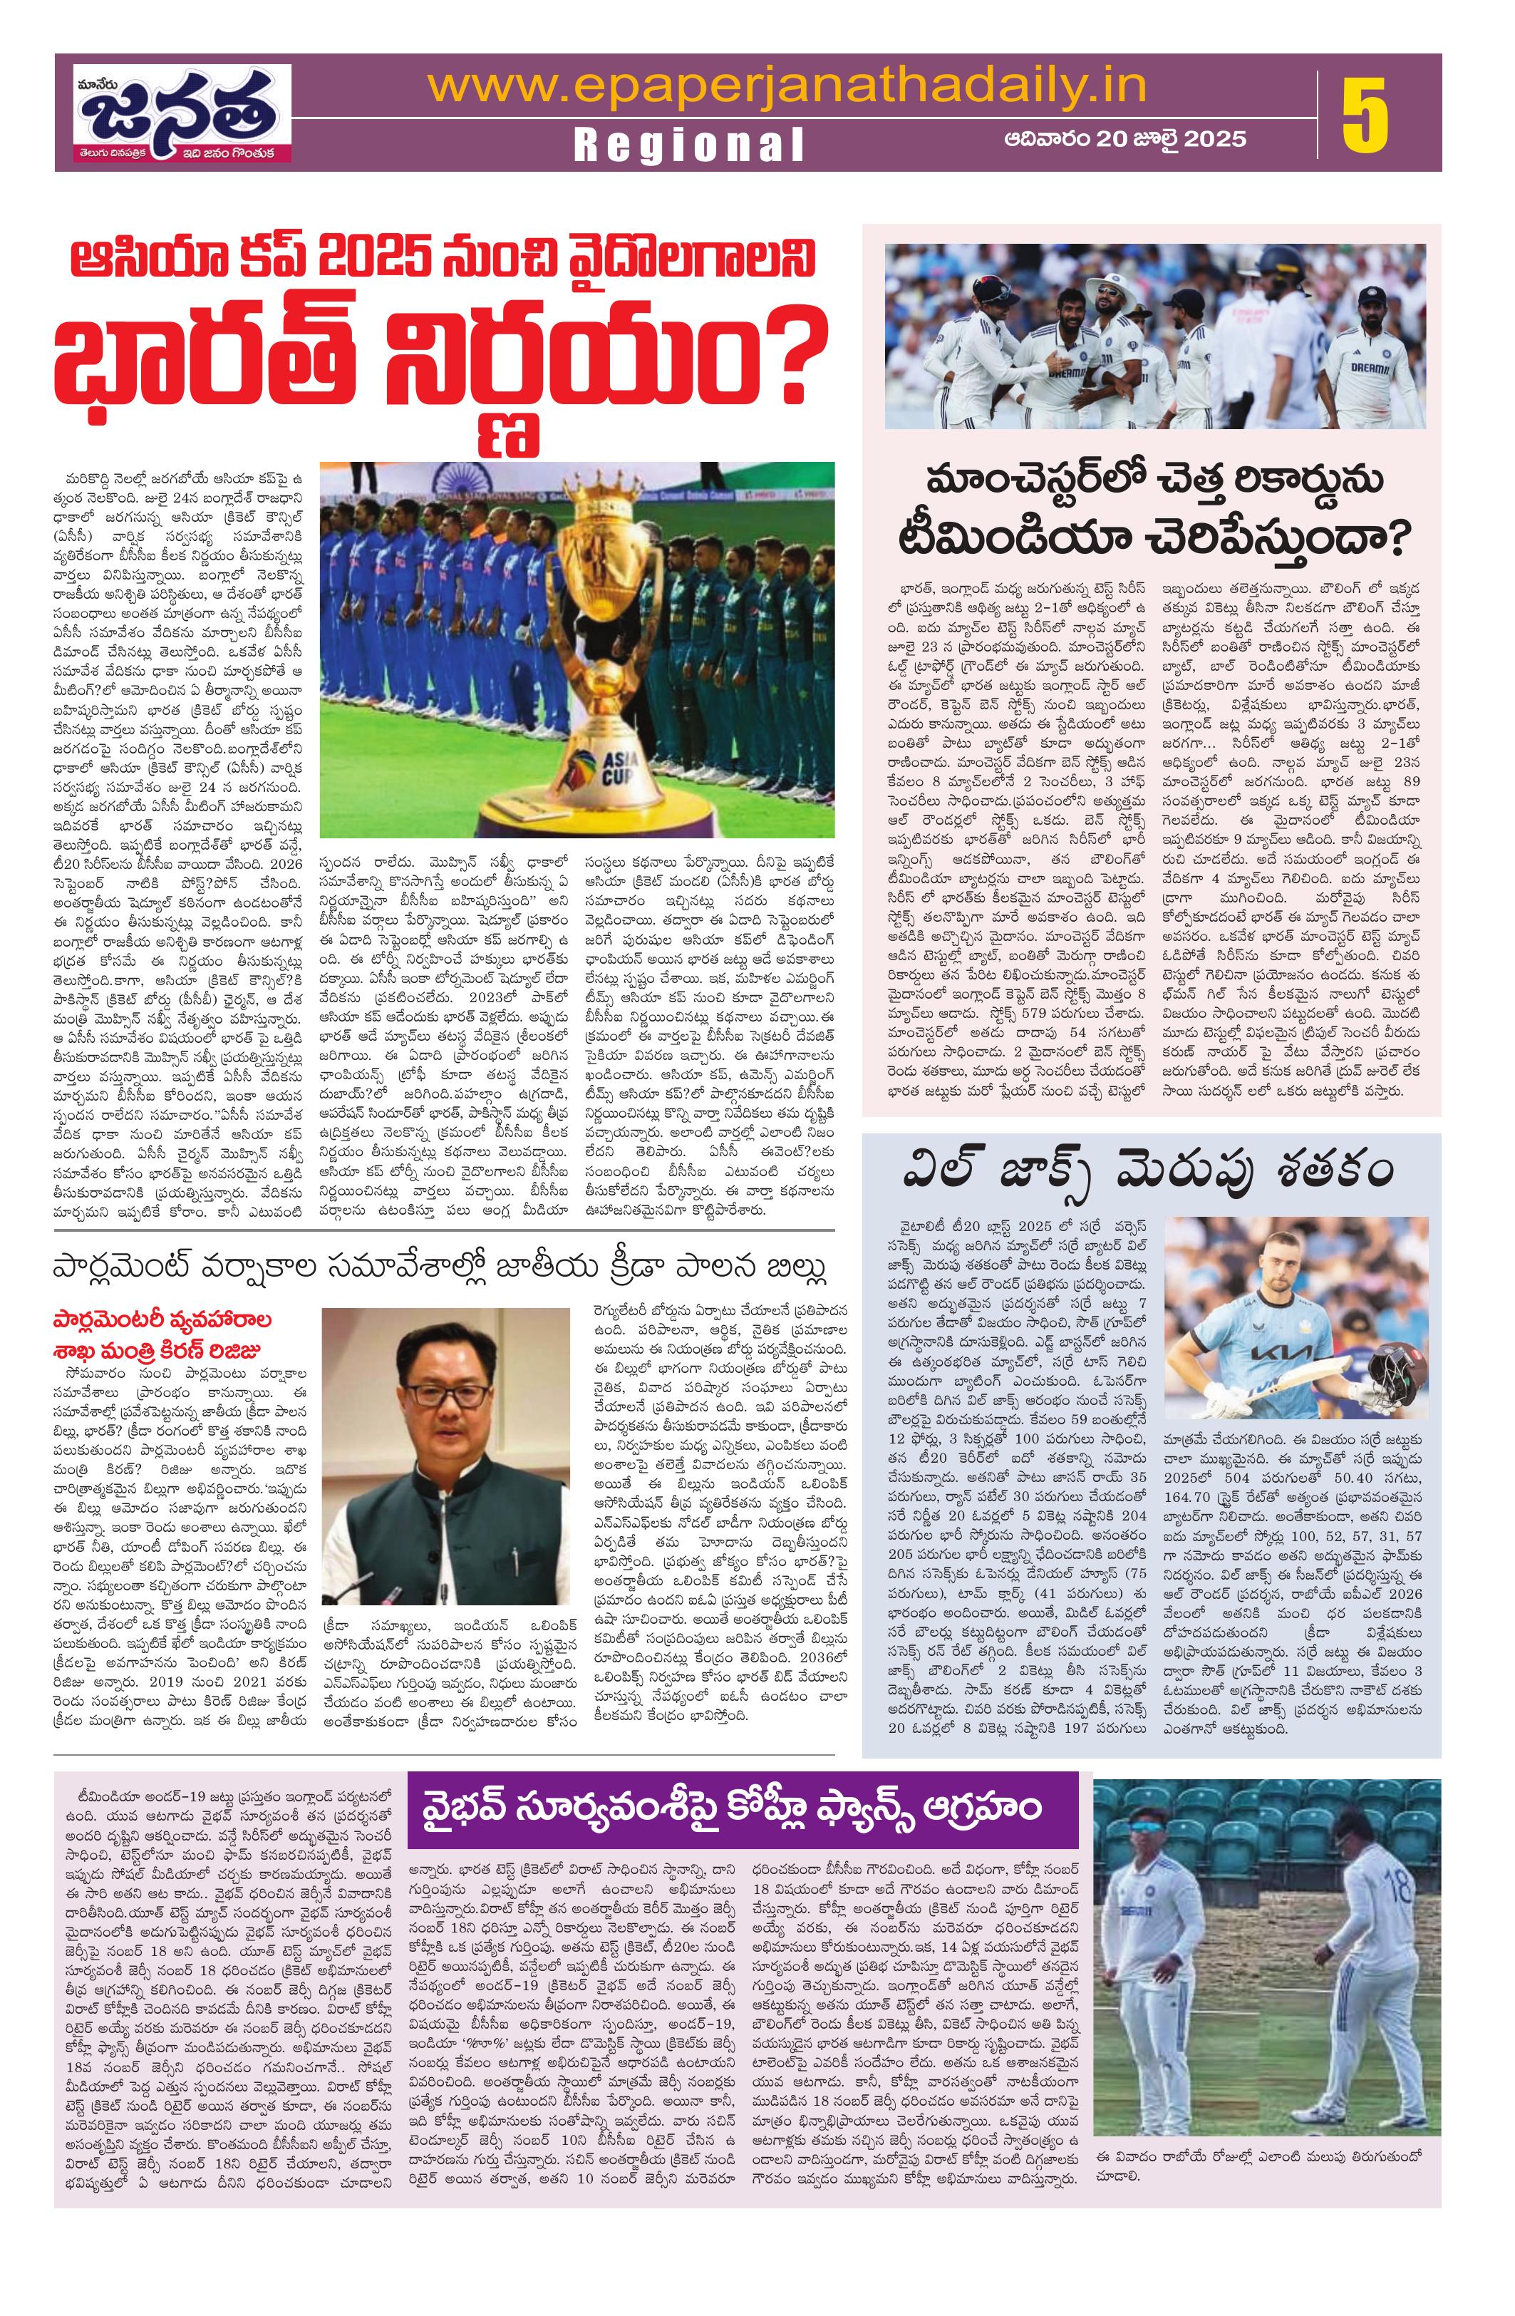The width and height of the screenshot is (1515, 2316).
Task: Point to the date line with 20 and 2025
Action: coord(1124,139)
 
